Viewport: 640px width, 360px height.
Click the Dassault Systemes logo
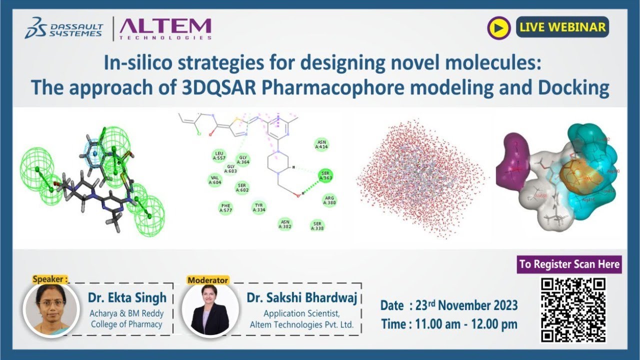(65, 28)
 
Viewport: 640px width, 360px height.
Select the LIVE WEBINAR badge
(562, 27)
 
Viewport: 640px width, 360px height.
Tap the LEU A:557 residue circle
(218, 156)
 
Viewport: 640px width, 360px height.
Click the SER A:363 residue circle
(325, 175)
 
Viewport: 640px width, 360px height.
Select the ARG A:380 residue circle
(329, 200)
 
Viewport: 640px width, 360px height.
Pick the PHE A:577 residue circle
(226, 208)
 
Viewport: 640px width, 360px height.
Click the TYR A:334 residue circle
(259, 207)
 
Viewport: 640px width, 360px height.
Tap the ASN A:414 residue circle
(321, 145)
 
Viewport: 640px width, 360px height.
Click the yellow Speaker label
(50, 279)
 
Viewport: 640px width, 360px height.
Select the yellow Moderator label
(208, 280)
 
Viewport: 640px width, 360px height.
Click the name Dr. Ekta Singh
(127, 298)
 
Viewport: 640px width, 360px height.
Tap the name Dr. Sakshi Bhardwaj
(302, 298)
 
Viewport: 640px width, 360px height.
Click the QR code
(573, 309)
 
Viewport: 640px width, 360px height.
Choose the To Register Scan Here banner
(569, 264)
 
